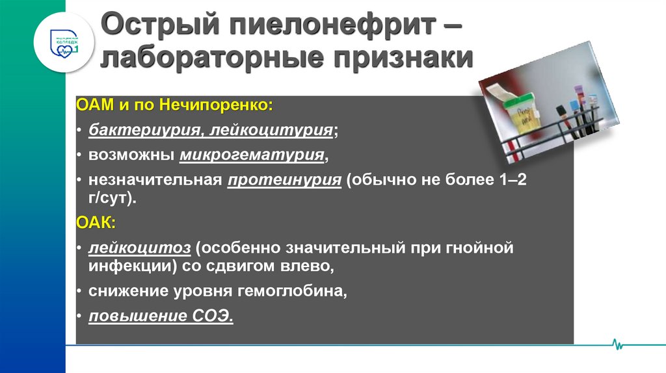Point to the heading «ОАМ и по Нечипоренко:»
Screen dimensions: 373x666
[x=175, y=104]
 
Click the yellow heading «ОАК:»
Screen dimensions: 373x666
[x=96, y=223]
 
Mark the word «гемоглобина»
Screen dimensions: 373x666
[x=289, y=291]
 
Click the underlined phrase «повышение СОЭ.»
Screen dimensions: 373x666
[x=161, y=316]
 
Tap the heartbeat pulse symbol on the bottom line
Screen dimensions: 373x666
[x=617, y=345]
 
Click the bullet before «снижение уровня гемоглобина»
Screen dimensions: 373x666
[x=79, y=292]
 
